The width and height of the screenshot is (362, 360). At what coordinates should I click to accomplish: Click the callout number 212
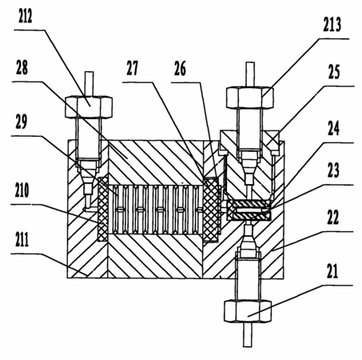point(26,17)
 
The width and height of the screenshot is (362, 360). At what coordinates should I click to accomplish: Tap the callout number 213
point(332,25)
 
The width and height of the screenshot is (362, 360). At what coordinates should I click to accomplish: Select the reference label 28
point(22,68)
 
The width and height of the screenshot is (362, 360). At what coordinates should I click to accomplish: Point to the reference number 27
point(132,68)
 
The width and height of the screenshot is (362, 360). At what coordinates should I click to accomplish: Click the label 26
point(180,69)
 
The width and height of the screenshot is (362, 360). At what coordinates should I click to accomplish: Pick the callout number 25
point(334,72)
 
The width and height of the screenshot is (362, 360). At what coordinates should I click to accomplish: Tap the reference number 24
point(333,129)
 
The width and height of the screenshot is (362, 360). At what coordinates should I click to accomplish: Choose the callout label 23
point(333,170)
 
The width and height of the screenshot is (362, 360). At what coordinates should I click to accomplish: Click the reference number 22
point(333,218)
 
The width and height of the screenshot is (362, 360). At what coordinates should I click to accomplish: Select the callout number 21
point(332,271)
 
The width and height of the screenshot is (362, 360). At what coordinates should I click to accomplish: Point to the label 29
point(22,122)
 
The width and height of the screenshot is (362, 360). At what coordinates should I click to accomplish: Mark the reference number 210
point(22,190)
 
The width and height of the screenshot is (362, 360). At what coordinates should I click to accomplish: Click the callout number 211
point(22,239)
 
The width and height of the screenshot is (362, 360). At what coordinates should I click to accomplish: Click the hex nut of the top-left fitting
point(89,106)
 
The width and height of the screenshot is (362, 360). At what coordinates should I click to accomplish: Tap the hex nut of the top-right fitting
point(250,98)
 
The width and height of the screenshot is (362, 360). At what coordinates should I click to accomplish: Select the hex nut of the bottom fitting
point(248,311)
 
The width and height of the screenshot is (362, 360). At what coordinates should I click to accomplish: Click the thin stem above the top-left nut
point(89,83)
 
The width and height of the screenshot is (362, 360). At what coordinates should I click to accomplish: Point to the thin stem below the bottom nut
point(248,334)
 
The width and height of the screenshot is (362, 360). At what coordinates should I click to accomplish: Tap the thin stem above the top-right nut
point(250,74)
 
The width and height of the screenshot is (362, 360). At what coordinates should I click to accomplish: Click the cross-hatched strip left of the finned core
point(103,209)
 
